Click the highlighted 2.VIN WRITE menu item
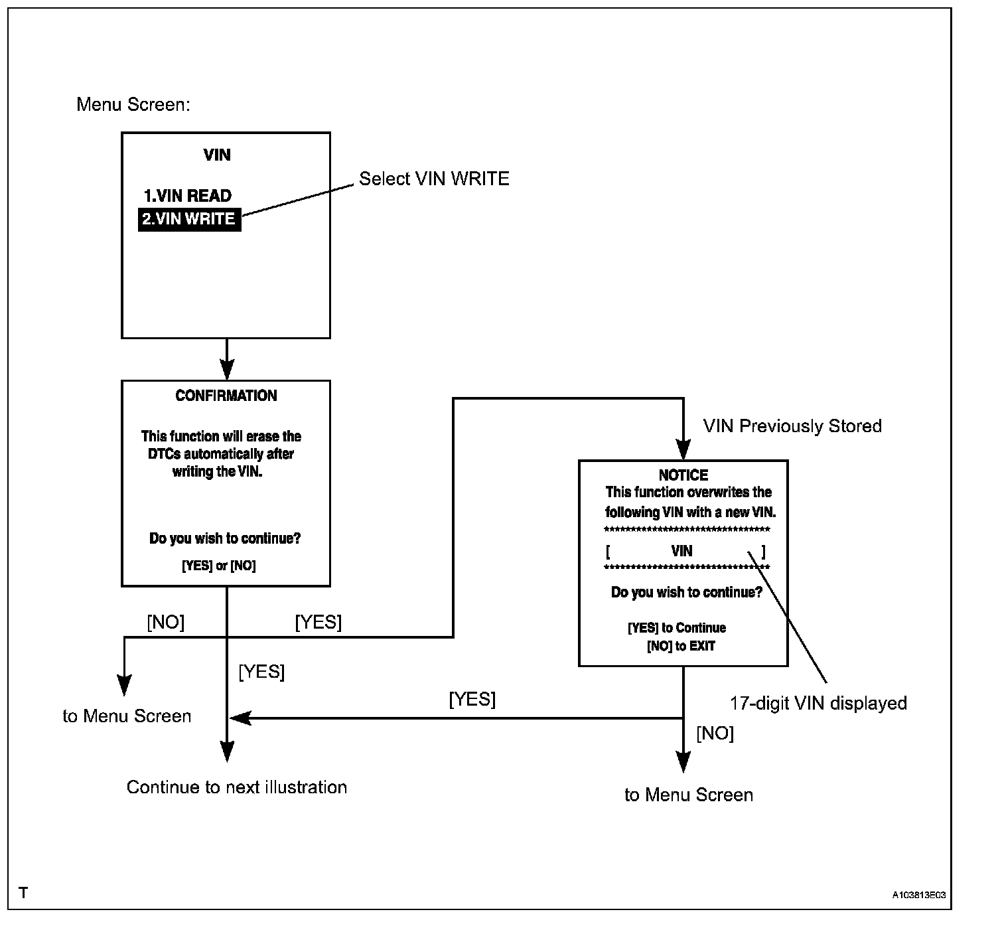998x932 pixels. click(x=190, y=219)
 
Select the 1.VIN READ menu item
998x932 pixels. click(x=187, y=195)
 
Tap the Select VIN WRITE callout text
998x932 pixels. click(x=434, y=179)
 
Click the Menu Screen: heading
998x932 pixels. click(x=133, y=104)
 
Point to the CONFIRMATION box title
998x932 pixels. click(x=226, y=396)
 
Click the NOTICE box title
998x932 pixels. click(x=683, y=475)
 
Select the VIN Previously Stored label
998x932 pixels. click(x=792, y=426)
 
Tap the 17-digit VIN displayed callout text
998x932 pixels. click(x=818, y=703)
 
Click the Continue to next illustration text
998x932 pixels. click(x=237, y=787)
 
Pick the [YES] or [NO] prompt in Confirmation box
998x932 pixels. click(x=218, y=566)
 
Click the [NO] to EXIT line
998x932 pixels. click(x=681, y=646)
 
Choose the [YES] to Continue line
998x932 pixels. click(x=677, y=628)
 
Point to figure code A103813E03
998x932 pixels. click(x=919, y=895)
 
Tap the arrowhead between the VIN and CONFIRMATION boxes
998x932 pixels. click(x=227, y=370)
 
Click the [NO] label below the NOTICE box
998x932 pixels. click(x=715, y=733)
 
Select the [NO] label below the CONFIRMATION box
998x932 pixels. click(x=166, y=622)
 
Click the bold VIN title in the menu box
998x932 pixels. click(x=217, y=155)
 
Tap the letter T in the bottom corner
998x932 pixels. click(x=23, y=893)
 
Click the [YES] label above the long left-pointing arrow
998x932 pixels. click(x=472, y=698)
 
